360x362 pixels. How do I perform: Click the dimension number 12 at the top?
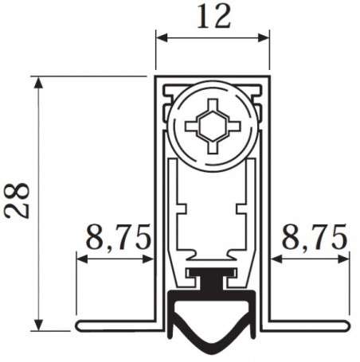pos(212,17)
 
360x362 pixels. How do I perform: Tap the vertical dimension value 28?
pos(18,200)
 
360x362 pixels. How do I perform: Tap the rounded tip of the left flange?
pos(82,327)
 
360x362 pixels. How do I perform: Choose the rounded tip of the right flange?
pos(346,327)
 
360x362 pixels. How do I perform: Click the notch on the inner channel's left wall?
pos(182,209)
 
